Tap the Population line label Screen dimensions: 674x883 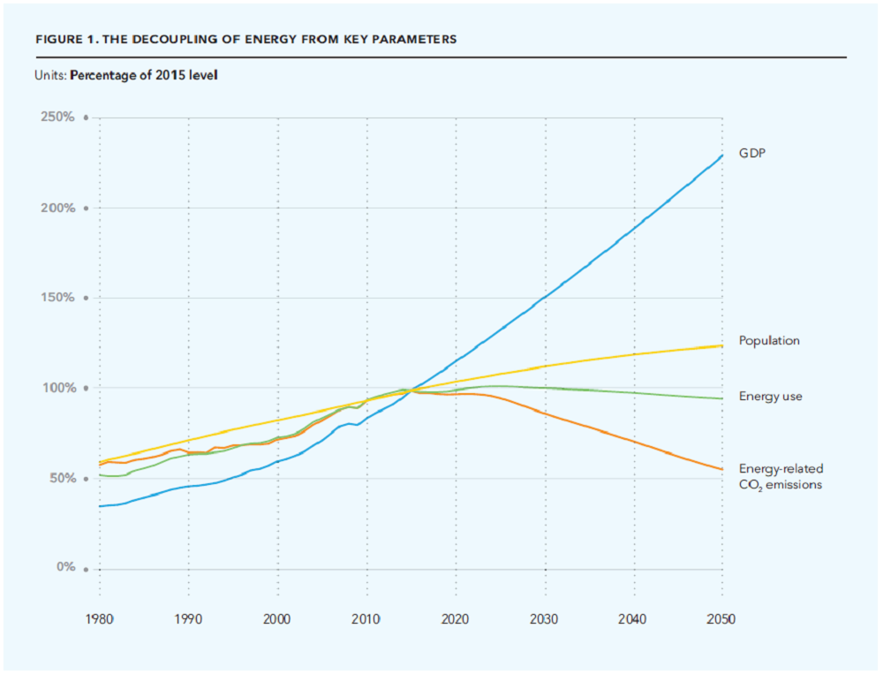(769, 340)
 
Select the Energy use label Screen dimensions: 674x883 (770, 397)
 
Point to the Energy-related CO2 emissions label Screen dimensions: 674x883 (781, 477)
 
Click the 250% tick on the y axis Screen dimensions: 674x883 (59, 117)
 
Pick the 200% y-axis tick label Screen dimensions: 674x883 (59, 208)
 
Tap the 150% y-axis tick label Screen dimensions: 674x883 (59, 299)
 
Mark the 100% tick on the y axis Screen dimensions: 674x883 (59, 389)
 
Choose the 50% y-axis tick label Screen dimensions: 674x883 (62, 479)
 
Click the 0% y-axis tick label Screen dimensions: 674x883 (65, 568)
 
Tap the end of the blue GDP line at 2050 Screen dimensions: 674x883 (722, 155)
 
